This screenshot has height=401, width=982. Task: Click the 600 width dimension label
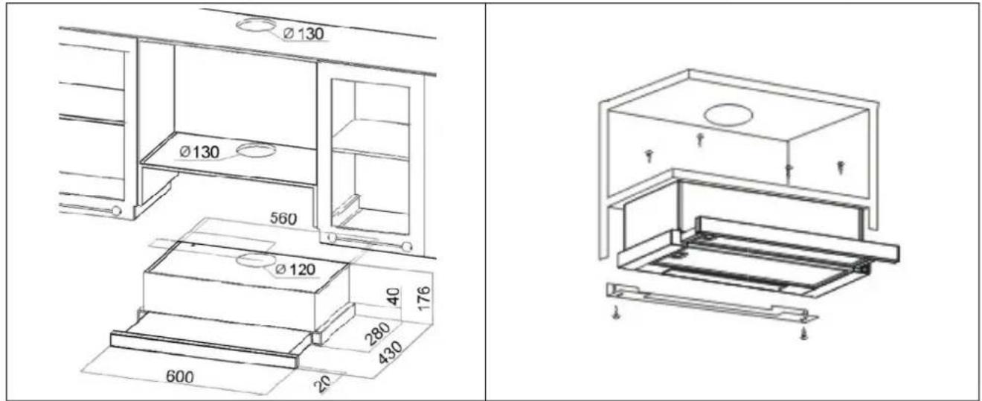tap(180, 376)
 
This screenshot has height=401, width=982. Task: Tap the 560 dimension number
tap(283, 218)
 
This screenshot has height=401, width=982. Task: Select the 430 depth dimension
tap(390, 353)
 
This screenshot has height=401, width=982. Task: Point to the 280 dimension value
tap(377, 333)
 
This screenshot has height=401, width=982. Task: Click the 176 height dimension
tap(423, 298)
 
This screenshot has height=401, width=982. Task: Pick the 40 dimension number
tap(394, 296)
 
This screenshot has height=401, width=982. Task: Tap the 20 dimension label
tap(323, 384)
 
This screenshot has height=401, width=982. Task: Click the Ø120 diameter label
tap(295, 269)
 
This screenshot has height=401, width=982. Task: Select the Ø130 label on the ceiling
tap(304, 33)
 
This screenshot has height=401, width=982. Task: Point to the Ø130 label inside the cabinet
tap(199, 152)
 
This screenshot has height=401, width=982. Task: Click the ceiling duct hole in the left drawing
tap(256, 25)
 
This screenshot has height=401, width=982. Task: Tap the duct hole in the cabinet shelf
tap(256, 150)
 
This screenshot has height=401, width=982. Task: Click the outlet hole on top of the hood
tap(255, 260)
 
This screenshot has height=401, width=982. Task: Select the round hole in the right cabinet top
tap(728, 115)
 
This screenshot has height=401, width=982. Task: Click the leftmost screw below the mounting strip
tap(617, 313)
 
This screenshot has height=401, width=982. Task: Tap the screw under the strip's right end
tap(804, 333)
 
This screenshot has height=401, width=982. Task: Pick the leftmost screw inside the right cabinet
tap(649, 156)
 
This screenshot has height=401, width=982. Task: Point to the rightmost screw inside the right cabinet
tap(841, 167)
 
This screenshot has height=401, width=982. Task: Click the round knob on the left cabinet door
tap(117, 211)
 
